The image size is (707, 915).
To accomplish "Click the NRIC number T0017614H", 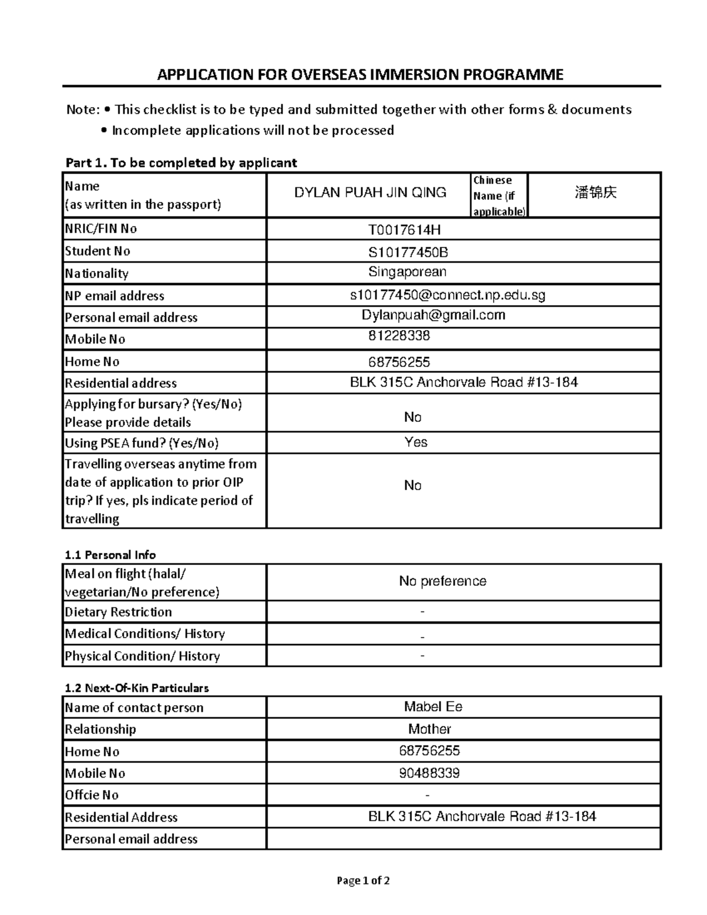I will tap(404, 230).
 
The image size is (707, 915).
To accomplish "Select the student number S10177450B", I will tap(408, 253).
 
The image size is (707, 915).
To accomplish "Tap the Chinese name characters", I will tap(595, 193).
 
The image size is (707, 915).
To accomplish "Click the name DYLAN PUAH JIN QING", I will tap(370, 193).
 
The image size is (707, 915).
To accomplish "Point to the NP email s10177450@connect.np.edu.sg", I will tap(447, 296).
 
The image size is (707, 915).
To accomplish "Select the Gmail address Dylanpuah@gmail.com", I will tap(433, 315).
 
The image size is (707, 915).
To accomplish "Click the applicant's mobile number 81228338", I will tap(399, 336).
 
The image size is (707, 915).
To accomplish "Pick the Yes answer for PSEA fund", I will tap(416, 442).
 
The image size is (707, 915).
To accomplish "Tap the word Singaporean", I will tap(407, 272).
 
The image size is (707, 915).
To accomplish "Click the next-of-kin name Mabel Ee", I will tap(433, 707).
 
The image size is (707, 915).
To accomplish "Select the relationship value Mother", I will tap(430, 729).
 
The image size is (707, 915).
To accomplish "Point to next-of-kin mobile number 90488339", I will tap(429, 773).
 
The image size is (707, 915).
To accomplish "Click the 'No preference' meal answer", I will tap(442, 582).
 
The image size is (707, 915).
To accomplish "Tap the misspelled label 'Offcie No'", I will tap(92, 795).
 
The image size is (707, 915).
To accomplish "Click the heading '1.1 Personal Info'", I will tap(110, 555).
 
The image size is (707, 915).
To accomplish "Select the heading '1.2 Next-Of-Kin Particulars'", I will tap(137, 688).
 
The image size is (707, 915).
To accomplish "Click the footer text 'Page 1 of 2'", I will tap(363, 881).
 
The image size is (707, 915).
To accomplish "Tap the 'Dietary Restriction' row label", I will tap(118, 612).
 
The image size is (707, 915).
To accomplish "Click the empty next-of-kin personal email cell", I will tap(464, 839).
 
